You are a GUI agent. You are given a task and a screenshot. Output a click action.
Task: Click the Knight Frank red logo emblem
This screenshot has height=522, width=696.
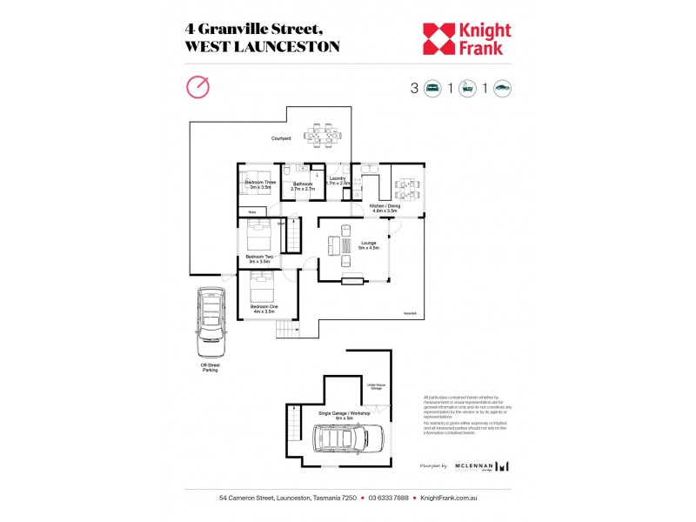(439, 38)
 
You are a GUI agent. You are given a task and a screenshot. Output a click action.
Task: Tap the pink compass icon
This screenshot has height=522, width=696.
(198, 87)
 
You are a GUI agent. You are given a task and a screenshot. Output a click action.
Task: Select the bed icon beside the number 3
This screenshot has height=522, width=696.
(432, 88)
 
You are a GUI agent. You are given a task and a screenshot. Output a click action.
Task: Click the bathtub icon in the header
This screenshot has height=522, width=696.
(467, 88)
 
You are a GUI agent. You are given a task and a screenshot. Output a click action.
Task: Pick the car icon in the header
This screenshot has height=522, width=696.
(502, 88)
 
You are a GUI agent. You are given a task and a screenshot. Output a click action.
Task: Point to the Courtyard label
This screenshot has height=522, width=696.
(280, 138)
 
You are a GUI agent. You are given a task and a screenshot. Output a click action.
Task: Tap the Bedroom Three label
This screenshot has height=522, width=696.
(260, 184)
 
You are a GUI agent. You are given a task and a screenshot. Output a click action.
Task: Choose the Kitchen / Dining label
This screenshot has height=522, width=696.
(385, 208)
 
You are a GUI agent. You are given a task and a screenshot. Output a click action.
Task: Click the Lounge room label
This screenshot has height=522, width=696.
(368, 244)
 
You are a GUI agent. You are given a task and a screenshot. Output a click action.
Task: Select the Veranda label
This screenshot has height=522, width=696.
(410, 313)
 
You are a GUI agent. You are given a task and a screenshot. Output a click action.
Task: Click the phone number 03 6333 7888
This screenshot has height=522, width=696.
(389, 499)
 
